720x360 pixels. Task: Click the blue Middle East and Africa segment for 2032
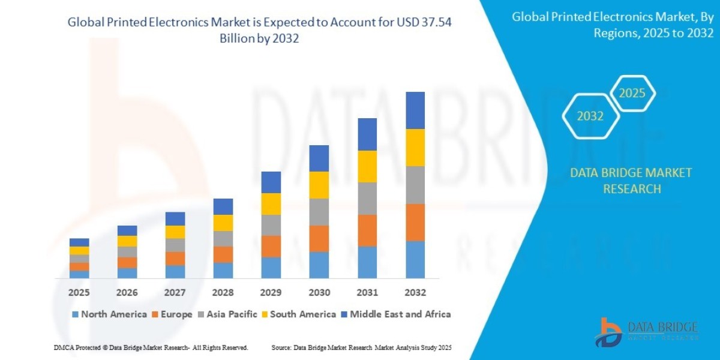coord(415,110)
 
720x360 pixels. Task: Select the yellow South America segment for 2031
coord(367,166)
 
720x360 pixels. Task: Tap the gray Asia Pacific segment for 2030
coord(319,212)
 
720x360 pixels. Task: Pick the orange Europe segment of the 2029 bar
coord(271,246)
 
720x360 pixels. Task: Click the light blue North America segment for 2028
coord(223,271)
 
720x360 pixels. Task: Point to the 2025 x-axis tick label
coord(79,293)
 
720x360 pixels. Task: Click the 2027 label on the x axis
coord(175,293)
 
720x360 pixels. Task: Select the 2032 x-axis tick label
coord(415,293)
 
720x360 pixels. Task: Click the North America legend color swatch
coord(75,314)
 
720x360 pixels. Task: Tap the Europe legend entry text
coord(176,314)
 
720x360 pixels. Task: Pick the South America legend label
coord(303,314)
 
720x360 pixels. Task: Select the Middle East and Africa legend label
coord(400,314)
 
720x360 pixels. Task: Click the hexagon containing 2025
coord(632,94)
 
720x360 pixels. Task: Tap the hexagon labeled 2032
coord(590,116)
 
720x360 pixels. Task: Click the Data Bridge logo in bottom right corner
coord(647,332)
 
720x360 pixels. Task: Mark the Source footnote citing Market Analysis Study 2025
coord(361,348)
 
